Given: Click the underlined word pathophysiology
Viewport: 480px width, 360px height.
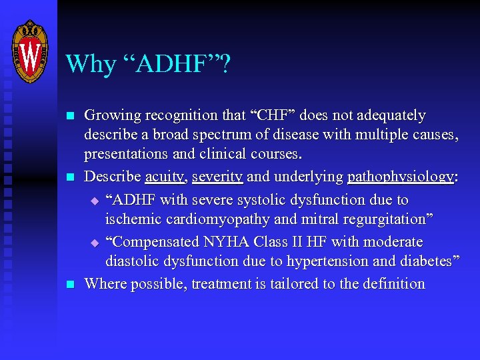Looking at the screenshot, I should click(x=400, y=177).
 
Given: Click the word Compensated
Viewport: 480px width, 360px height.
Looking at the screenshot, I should click(x=153, y=241).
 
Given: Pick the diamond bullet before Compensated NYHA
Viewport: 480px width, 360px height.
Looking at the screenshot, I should click(x=94, y=242).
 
